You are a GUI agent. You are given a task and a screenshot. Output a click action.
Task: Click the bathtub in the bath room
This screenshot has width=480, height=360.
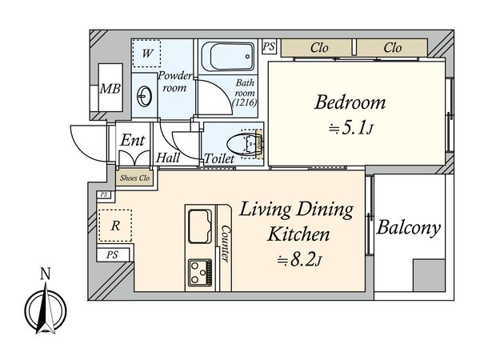228,56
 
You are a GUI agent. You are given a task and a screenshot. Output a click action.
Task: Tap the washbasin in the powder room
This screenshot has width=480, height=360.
144,96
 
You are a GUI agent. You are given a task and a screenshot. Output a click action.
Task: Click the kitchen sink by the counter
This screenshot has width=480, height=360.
200,226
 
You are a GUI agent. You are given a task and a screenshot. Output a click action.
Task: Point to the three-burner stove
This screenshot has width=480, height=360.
200,272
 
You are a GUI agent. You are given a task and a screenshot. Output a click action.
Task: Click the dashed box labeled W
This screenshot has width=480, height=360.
146,54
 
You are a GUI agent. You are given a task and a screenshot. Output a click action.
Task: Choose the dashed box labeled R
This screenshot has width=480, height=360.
115,226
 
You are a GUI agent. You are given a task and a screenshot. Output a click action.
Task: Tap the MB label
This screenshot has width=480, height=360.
110,89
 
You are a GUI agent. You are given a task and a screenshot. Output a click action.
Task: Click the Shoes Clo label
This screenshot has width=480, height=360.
134,178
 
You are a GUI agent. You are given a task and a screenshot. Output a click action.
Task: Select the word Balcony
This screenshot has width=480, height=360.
409,228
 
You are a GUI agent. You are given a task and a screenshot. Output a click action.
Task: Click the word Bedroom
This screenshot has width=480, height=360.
350,102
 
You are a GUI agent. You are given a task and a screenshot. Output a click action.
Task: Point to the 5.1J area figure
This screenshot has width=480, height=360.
351,129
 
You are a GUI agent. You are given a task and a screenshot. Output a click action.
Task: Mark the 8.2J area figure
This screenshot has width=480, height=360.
299,261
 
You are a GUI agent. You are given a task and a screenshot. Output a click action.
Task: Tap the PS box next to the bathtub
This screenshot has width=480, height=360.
269,46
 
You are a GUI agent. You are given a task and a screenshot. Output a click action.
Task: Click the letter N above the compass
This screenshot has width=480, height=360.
46,274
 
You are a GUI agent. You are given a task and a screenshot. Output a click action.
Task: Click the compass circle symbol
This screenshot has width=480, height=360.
46,311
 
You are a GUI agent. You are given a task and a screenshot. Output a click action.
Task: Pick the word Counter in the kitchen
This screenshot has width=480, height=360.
226,244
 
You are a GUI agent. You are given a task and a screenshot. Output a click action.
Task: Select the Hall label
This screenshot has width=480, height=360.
168,158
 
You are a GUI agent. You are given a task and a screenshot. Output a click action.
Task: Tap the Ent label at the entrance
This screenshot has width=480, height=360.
132,140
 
